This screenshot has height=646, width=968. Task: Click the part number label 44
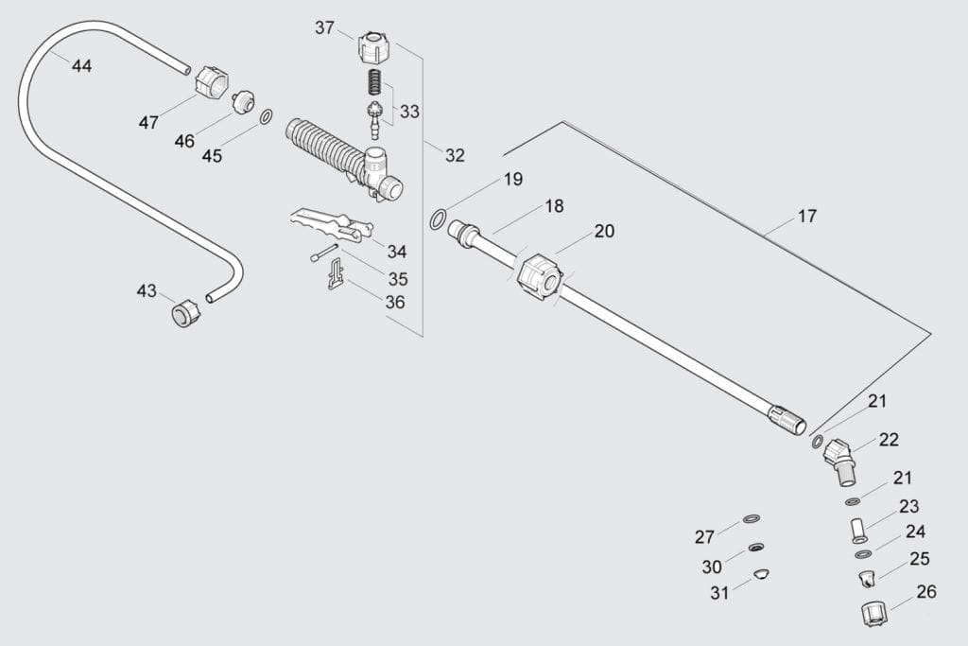click(x=81, y=66)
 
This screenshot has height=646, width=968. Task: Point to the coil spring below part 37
click(x=375, y=82)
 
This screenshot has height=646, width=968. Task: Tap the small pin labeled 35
click(x=324, y=253)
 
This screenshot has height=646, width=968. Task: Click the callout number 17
click(x=806, y=217)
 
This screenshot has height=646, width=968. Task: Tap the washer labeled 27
click(x=752, y=519)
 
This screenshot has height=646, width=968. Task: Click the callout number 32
click(x=455, y=155)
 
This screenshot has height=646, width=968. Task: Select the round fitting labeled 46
click(x=248, y=100)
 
